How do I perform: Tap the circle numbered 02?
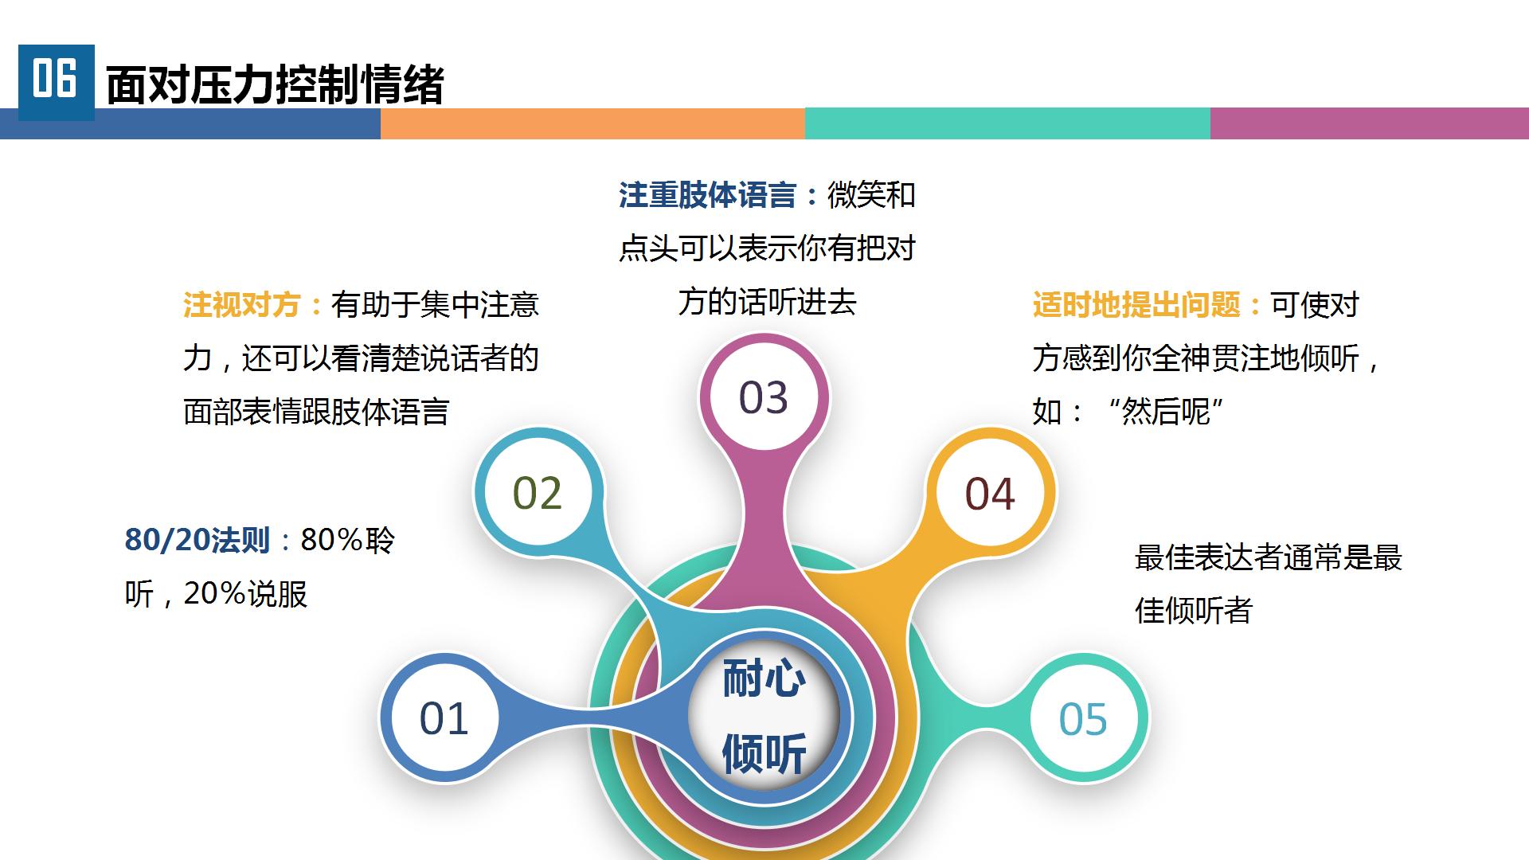pyautogui.click(x=538, y=492)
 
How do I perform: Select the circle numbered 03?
pyautogui.click(x=764, y=397)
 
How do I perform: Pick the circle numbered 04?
pyautogui.click(x=990, y=492)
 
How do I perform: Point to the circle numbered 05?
pyautogui.click(x=1083, y=717)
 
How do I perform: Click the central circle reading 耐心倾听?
pyautogui.click(x=764, y=716)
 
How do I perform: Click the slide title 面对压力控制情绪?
pyautogui.click(x=274, y=85)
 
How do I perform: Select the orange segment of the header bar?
pyautogui.click(x=592, y=123)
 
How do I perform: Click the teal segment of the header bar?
pyautogui.click(x=1007, y=123)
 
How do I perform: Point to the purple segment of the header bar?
pyautogui.click(x=1370, y=123)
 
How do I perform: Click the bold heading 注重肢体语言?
pyautogui.click(x=707, y=195)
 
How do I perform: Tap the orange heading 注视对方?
pyautogui.click(x=242, y=304)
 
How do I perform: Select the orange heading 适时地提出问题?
pyautogui.click(x=1136, y=304)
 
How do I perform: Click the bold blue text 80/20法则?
pyautogui.click(x=197, y=540)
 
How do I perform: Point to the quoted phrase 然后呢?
pyautogui.click(x=1166, y=412)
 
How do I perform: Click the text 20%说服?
pyautogui.click(x=245, y=594)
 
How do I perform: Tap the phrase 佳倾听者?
pyautogui.click(x=1194, y=611)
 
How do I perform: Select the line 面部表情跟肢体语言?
pyautogui.click(x=316, y=412)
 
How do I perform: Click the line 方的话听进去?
pyautogui.click(x=767, y=302)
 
